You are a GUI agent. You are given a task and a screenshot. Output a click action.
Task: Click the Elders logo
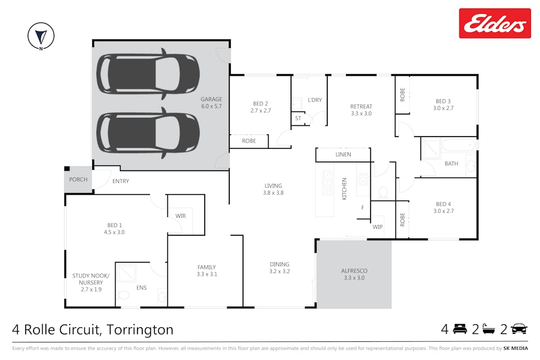tap(495, 23)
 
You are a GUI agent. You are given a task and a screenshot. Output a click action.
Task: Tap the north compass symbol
tap(41, 36)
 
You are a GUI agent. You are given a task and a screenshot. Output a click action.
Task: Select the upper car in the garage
tap(148, 74)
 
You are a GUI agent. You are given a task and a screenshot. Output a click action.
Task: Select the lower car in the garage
tap(148, 133)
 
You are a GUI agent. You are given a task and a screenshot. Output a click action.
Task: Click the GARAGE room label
tap(211, 99)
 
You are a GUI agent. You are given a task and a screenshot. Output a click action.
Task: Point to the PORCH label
tap(78, 180)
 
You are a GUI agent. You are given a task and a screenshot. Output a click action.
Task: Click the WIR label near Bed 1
tap(181, 216)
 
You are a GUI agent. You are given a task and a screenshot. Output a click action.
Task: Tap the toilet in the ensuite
tap(123, 295)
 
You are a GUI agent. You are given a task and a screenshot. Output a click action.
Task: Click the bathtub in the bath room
tap(458, 145)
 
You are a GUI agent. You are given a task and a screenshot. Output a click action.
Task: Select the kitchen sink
tap(327, 182)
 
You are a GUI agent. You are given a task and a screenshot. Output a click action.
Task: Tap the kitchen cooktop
tap(363, 179)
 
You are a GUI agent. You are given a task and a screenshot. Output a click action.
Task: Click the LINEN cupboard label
tap(343, 155)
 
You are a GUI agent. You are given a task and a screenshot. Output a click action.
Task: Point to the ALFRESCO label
tap(354, 271)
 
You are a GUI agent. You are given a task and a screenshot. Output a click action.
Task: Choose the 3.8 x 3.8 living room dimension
tap(273, 193)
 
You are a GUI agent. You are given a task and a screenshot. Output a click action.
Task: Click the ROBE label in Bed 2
tap(248, 141)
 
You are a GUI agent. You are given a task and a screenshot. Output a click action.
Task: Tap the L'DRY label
tap(315, 100)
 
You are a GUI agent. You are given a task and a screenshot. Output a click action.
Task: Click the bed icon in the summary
tap(460, 329)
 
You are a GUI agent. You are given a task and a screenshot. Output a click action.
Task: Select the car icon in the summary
tap(519, 329)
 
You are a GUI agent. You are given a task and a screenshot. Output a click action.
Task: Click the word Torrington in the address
tap(140, 330)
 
